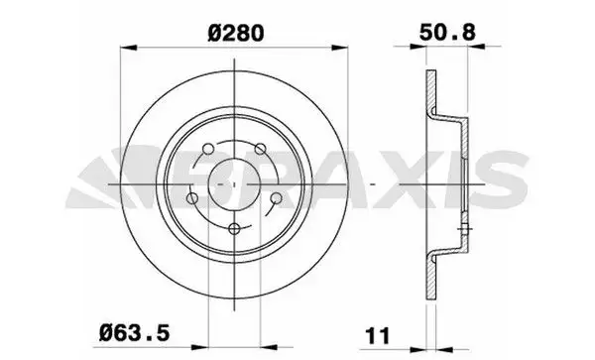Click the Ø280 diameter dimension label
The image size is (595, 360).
(x=236, y=33)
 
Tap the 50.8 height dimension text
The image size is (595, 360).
(x=447, y=33)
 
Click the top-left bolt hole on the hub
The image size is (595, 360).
(x=208, y=149)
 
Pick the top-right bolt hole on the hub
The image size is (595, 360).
(x=260, y=149)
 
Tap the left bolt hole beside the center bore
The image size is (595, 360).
(x=192, y=198)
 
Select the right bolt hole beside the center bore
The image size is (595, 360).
(x=277, y=198)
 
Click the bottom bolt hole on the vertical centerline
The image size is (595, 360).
(x=235, y=228)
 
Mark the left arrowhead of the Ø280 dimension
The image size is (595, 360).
(x=128, y=48)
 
